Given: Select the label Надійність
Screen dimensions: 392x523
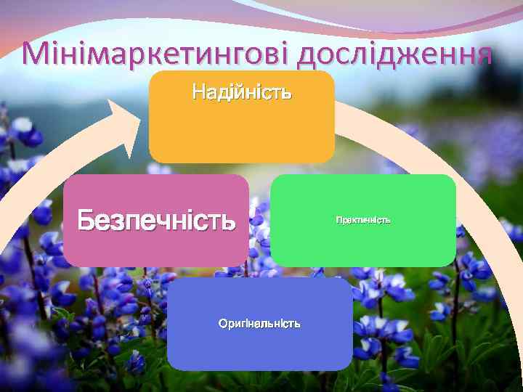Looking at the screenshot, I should coord(242,92).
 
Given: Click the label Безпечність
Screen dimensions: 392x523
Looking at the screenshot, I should coord(157,219).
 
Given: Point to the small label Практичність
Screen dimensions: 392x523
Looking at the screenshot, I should coord(363,219).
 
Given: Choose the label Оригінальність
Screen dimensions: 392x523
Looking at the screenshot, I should coord(259,323).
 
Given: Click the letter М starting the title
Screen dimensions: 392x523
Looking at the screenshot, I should coord(38,54).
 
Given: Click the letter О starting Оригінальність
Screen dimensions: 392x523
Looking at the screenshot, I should coord(223,323).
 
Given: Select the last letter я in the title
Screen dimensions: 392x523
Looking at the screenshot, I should coord(484,55).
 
